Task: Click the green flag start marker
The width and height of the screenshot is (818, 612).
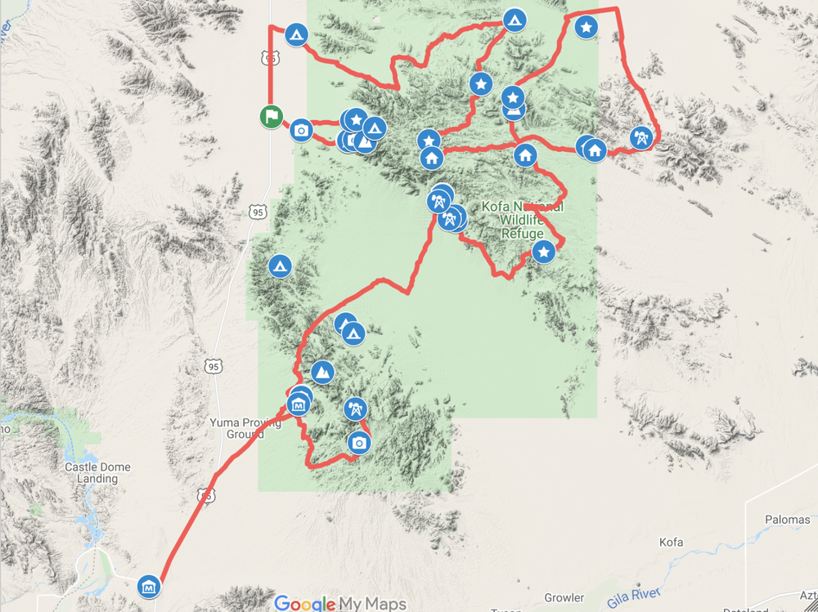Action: click(271, 117)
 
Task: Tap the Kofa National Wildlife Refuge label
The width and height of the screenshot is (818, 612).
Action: click(522, 220)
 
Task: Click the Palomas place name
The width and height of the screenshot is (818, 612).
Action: click(787, 520)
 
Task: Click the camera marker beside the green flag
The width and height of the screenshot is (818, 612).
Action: click(301, 130)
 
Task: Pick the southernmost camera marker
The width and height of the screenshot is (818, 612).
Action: click(358, 443)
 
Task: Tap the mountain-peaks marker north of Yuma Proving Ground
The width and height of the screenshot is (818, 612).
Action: click(323, 372)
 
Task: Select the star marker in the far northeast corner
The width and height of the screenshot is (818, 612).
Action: click(586, 27)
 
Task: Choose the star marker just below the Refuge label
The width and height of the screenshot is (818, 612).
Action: click(543, 252)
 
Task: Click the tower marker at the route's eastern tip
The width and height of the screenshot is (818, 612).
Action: click(641, 138)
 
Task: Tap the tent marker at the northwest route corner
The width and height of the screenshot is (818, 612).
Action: click(296, 34)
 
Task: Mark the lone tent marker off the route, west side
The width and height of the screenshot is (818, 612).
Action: click(280, 266)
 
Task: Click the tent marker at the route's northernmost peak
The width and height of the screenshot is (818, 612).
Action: click(514, 19)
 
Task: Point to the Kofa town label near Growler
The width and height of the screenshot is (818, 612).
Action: click(671, 542)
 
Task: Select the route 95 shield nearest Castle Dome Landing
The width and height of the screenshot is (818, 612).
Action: click(207, 495)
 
